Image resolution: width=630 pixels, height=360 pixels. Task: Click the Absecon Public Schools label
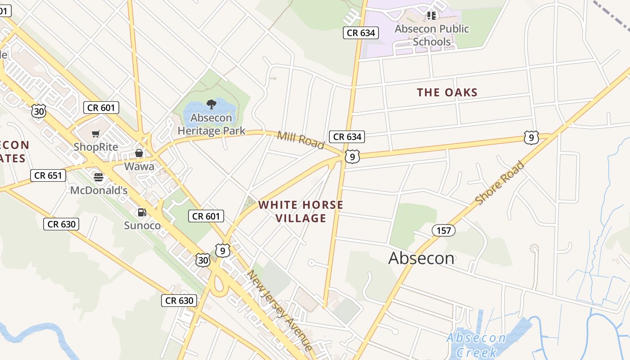pyautogui.click(x=432, y=35)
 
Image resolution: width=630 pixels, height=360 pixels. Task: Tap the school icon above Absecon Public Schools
pyautogui.click(x=432, y=16)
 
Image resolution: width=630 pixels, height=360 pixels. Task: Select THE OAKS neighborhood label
pyautogui.click(x=447, y=92)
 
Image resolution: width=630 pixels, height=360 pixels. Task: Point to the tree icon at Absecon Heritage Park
pyautogui.click(x=211, y=105)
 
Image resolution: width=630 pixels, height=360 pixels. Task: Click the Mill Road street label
pyautogui.click(x=301, y=140)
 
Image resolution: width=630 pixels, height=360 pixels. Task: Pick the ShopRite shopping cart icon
pyautogui.click(x=96, y=134)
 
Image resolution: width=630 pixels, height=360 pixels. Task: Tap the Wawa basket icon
pyautogui.click(x=139, y=153)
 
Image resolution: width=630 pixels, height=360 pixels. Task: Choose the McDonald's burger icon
pyautogui.click(x=99, y=177)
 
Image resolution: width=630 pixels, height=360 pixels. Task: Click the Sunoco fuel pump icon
pyautogui.click(x=142, y=212)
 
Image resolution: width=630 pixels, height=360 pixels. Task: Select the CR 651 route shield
pyautogui.click(x=48, y=175)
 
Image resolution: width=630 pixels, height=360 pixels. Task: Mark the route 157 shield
pyautogui.click(x=444, y=231)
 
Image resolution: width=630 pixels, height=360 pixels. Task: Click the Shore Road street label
pyautogui.click(x=499, y=183)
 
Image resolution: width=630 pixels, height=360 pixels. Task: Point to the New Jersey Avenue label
pyautogui.click(x=279, y=310)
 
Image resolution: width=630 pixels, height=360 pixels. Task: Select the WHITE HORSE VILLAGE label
pyautogui.click(x=301, y=211)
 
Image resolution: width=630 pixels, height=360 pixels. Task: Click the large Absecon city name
pyautogui.click(x=421, y=258)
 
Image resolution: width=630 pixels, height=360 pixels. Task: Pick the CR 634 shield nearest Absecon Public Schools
pyautogui.click(x=361, y=33)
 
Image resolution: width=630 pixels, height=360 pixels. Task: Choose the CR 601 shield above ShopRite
pyautogui.click(x=101, y=108)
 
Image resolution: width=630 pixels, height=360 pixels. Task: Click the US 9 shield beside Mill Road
pyautogui.click(x=352, y=157)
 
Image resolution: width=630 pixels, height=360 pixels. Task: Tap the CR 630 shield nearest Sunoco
pyautogui.click(x=61, y=224)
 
